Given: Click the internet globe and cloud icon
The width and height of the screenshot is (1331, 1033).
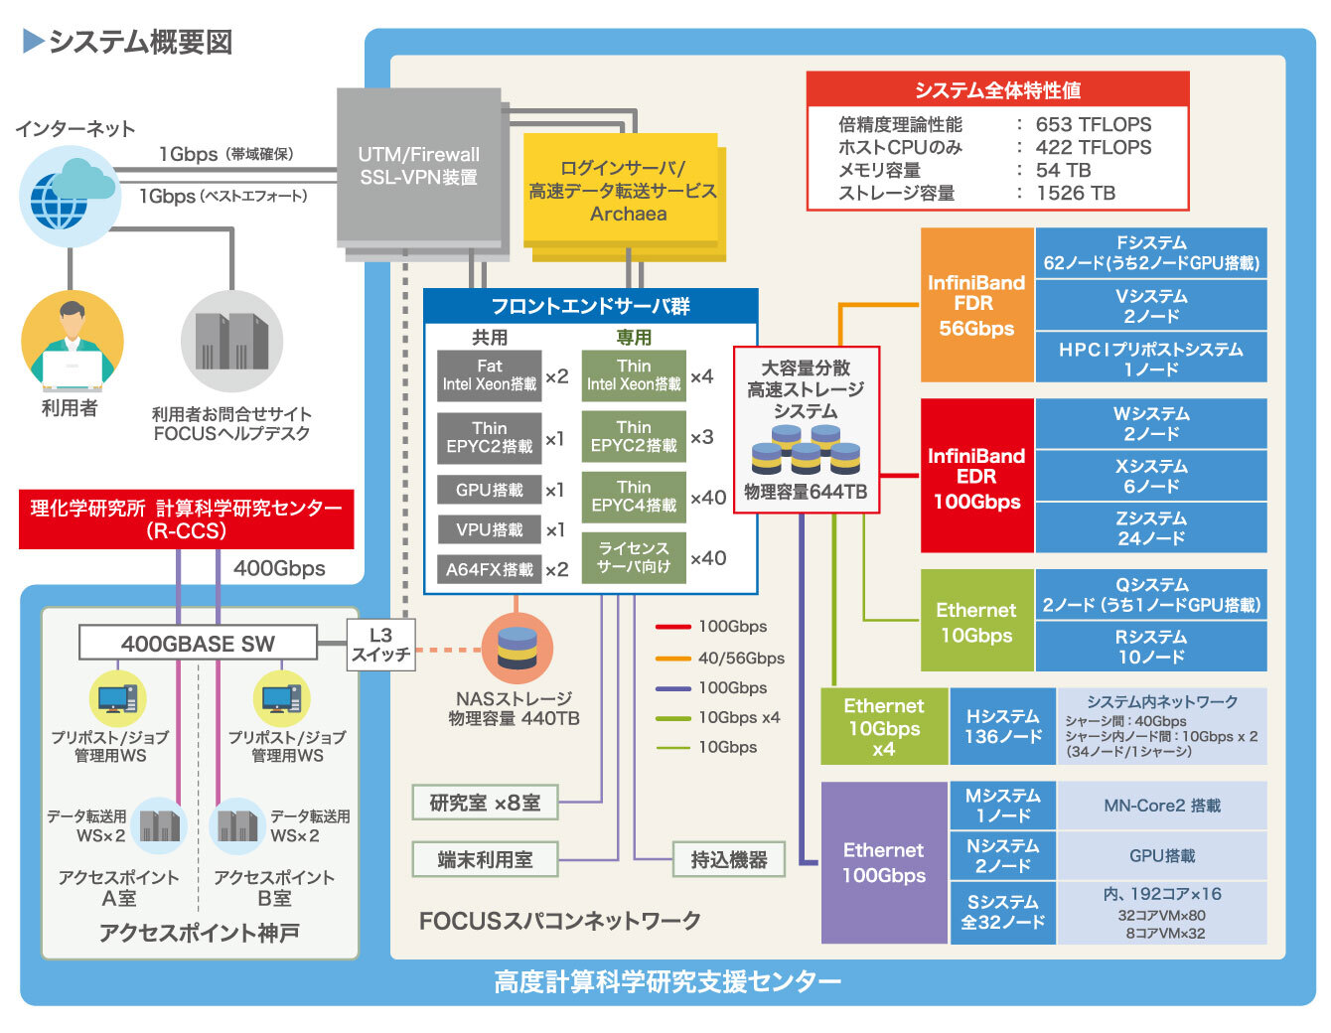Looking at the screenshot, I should pyautogui.click(x=70, y=196).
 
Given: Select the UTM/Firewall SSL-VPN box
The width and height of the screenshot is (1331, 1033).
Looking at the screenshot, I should pyautogui.click(x=418, y=166).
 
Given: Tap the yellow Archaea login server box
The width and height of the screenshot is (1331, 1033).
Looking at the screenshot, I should pyautogui.click(x=622, y=190).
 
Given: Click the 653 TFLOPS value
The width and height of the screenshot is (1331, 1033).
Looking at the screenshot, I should pyautogui.click(x=1093, y=124).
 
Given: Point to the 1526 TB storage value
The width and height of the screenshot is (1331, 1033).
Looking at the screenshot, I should pyautogui.click(x=1075, y=193).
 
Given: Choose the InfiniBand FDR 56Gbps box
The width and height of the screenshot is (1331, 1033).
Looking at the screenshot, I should pyautogui.click(x=976, y=305).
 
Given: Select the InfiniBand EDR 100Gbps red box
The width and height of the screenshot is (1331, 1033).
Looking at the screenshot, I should pyautogui.click(x=976, y=477).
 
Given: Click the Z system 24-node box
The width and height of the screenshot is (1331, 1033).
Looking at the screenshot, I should pyautogui.click(x=1150, y=527).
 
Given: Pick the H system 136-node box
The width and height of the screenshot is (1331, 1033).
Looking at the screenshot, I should pyautogui.click(x=1002, y=726).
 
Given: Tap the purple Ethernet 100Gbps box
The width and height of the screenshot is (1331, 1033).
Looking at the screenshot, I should pyautogui.click(x=883, y=862).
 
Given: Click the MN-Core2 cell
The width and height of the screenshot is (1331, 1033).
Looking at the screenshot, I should pyautogui.click(x=1161, y=806).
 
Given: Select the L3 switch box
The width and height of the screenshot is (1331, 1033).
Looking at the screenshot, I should pyautogui.click(x=380, y=645).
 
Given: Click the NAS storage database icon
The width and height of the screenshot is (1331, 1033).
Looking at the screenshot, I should pyautogui.click(x=517, y=648).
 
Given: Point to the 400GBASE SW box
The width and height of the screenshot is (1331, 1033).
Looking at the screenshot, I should pyautogui.click(x=198, y=644).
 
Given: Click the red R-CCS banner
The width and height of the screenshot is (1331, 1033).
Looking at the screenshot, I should pyautogui.click(x=187, y=518).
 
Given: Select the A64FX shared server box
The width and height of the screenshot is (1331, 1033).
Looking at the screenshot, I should pyautogui.click(x=489, y=569).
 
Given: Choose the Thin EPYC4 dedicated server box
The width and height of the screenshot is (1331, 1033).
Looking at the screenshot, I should pyautogui.click(x=634, y=497).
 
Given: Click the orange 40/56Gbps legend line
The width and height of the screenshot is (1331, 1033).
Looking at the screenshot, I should pyautogui.click(x=672, y=658).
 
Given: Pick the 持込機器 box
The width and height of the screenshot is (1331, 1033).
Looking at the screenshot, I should pyautogui.click(x=729, y=860).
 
